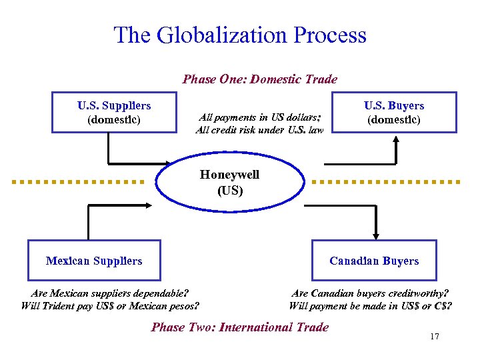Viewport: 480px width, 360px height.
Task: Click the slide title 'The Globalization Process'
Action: tap(240, 35)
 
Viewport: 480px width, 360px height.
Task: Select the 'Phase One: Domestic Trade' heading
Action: tap(260, 79)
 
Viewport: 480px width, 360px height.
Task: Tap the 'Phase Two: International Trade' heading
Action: tap(240, 327)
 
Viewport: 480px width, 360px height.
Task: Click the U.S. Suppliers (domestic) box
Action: tap(114, 113)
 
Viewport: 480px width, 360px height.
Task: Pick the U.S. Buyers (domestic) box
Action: tap(393, 113)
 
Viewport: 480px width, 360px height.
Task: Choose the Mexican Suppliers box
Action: tap(94, 261)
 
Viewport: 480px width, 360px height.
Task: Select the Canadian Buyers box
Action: tap(374, 261)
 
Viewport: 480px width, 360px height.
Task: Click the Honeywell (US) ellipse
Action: tap(230, 182)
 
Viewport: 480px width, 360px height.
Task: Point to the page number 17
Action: tap(435, 337)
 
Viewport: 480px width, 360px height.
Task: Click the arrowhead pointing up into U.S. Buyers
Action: tap(396, 141)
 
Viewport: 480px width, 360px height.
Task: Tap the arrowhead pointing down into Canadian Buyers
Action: tap(376, 234)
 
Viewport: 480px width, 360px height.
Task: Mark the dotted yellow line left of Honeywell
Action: tap(79, 181)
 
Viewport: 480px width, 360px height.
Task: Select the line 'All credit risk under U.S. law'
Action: tap(259, 130)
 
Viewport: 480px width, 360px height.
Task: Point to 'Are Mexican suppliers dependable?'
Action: tap(110, 293)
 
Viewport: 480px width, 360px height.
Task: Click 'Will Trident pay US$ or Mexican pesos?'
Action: tap(110, 306)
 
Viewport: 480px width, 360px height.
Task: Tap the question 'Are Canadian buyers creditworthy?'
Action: tap(370, 293)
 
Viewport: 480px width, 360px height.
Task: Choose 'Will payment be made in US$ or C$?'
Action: tap(370, 306)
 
